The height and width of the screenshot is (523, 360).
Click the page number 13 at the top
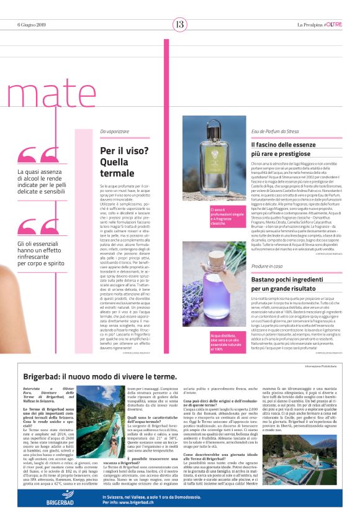tap(179, 24)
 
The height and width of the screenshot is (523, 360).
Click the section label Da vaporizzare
tap(115, 132)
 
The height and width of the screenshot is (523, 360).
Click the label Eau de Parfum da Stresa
tap(276, 132)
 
